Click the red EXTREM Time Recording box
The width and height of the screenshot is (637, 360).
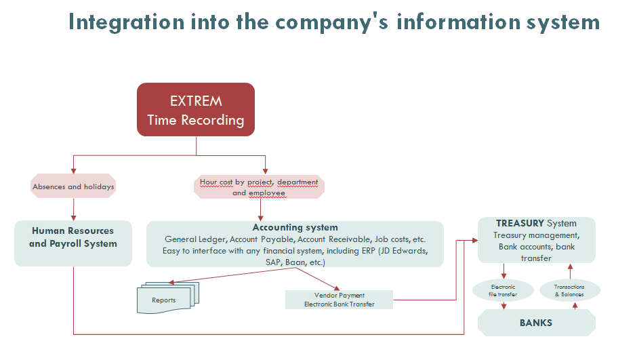tap(196, 109)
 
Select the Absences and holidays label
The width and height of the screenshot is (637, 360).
tap(73, 186)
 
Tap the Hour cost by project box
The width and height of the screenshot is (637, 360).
tap(259, 187)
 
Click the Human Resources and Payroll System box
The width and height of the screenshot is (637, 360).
tap(73, 243)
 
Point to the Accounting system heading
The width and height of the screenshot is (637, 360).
tap(295, 228)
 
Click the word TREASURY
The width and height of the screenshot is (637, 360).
tap(520, 223)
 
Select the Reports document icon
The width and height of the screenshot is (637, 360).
tap(168, 298)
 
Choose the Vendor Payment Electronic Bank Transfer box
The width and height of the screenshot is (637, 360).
tap(340, 300)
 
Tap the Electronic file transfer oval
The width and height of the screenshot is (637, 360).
tap(503, 290)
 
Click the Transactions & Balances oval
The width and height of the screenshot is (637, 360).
tap(569, 290)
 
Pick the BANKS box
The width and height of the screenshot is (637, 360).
tap(536, 323)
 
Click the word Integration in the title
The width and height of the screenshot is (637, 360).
tap(126, 22)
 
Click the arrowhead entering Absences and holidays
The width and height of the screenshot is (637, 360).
tap(74, 171)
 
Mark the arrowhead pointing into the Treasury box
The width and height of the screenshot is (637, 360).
tap(475, 240)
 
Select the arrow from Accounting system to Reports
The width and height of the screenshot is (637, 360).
tap(232, 275)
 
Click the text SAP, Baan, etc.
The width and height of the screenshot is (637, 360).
tap(295, 262)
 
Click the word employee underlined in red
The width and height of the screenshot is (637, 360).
tap(267, 193)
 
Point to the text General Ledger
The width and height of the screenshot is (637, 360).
tap(194, 239)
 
